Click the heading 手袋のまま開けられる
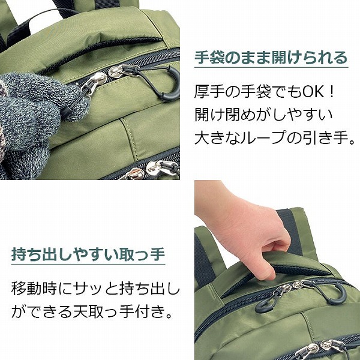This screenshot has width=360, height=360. coord(271,58)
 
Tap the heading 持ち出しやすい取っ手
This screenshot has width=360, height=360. coord(88,254)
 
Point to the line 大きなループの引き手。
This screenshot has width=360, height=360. coord(275,139)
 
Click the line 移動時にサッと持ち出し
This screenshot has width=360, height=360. coord(96,289)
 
